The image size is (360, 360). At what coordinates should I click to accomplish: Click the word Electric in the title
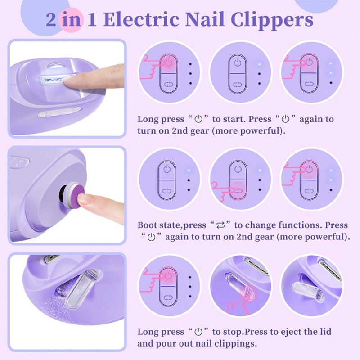pyautogui.click(x=141, y=19)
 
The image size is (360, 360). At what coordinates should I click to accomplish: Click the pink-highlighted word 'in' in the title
pyautogui.click(x=72, y=20)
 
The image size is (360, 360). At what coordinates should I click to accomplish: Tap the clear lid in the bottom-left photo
pyautogui.click(x=83, y=290)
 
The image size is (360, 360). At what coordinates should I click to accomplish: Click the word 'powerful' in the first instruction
pyautogui.click(x=257, y=131)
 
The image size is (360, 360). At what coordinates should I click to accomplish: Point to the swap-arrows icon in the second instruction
pyautogui.click(x=220, y=225)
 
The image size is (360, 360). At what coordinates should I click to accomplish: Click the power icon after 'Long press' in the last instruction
pyautogui.click(x=198, y=332)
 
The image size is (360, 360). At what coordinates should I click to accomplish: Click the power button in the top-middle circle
pyautogui.click(x=238, y=63)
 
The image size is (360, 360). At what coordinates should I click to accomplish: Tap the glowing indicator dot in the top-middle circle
pyautogui.click(x=259, y=64)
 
